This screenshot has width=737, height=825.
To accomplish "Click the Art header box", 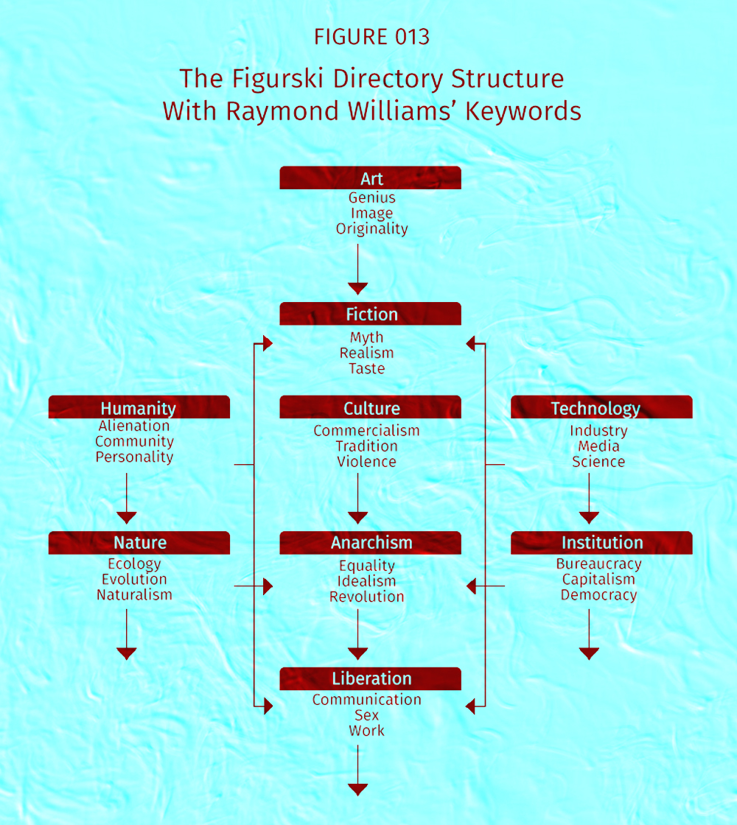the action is click(370, 178).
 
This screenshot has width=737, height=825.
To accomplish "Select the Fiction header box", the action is click(370, 314).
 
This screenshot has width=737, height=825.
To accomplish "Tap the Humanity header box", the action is click(139, 407).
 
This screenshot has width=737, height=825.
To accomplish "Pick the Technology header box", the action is click(601, 407).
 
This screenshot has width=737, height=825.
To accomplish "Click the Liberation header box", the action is click(370, 678).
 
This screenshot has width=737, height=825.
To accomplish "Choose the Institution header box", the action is click(601, 543).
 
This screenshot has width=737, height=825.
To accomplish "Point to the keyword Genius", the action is click(371, 198).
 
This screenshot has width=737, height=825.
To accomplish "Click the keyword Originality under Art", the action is click(371, 229).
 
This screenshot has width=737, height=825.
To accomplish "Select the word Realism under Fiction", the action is click(366, 353).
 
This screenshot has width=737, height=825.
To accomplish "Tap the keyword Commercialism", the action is click(366, 431).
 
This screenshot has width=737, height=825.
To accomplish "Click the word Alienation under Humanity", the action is click(134, 426).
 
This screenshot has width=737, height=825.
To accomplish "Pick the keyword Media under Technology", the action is click(598, 446).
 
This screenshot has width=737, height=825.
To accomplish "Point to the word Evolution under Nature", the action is click(134, 579).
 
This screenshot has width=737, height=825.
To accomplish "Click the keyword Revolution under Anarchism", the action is click(366, 597).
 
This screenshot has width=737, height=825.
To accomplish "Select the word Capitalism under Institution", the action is click(598, 579).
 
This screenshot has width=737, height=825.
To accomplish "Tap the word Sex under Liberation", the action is click(366, 715).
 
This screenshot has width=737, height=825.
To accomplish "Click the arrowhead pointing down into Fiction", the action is click(358, 288).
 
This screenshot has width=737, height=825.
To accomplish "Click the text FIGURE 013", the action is click(371, 37).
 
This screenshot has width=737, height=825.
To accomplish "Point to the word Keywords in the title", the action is click(523, 111).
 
